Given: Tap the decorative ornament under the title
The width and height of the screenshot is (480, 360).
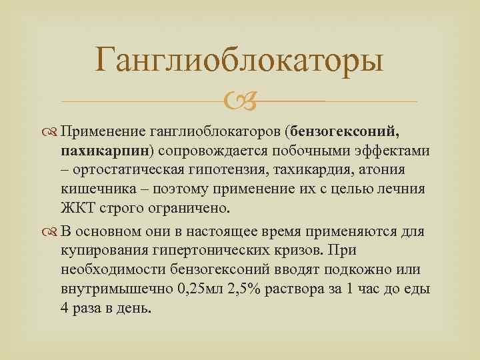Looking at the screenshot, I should (239, 103).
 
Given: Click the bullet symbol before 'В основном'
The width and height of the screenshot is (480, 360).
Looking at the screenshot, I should (54, 232).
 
